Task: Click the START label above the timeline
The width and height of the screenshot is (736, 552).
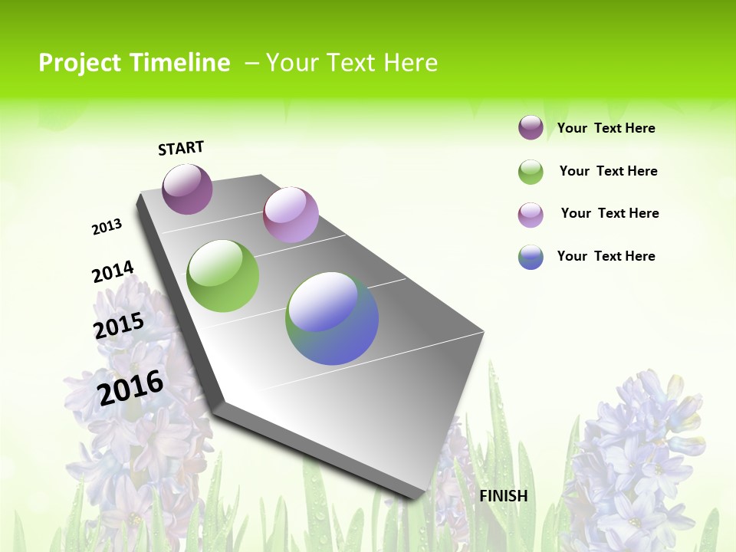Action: tap(181, 148)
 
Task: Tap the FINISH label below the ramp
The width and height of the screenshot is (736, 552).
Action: tap(504, 496)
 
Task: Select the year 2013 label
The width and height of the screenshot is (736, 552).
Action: tap(107, 227)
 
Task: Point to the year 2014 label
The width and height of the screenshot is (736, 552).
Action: tap(113, 271)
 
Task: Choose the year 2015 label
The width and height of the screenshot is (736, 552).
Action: tap(119, 325)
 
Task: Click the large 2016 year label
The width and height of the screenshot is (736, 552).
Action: tap(130, 387)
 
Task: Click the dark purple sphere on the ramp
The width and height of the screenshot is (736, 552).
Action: tap(187, 189)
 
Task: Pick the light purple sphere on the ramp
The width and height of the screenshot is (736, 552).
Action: tap(291, 214)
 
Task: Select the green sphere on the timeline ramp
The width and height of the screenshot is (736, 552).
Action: tap(223, 276)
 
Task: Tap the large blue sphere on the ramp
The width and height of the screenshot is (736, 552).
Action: tap(332, 318)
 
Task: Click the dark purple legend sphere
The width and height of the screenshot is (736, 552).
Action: tap(531, 127)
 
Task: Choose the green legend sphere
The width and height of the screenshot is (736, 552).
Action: tap(531, 172)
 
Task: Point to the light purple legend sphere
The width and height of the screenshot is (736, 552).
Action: tap(531, 215)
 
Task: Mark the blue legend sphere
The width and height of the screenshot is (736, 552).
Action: tap(531, 257)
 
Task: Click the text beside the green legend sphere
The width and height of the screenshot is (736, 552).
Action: tap(608, 171)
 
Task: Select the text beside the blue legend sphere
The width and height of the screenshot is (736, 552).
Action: tap(606, 256)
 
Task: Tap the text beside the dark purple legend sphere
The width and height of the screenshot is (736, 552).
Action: tap(606, 128)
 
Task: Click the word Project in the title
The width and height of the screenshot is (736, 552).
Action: tap(80, 63)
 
